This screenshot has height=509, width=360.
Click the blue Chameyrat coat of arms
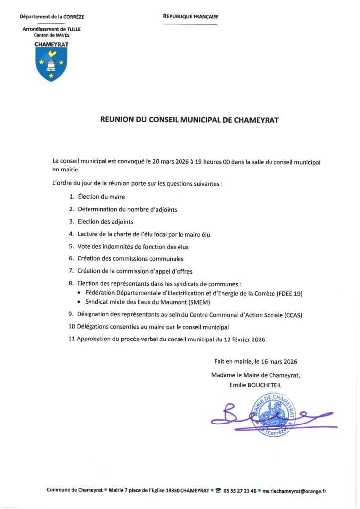52,64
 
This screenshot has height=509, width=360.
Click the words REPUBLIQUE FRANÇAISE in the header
190,17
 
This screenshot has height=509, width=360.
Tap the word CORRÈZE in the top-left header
74,17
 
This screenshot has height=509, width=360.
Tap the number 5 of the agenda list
71,246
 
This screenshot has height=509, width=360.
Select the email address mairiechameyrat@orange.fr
294,491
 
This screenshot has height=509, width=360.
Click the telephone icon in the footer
218,490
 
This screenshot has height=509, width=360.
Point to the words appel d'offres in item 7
172,271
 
